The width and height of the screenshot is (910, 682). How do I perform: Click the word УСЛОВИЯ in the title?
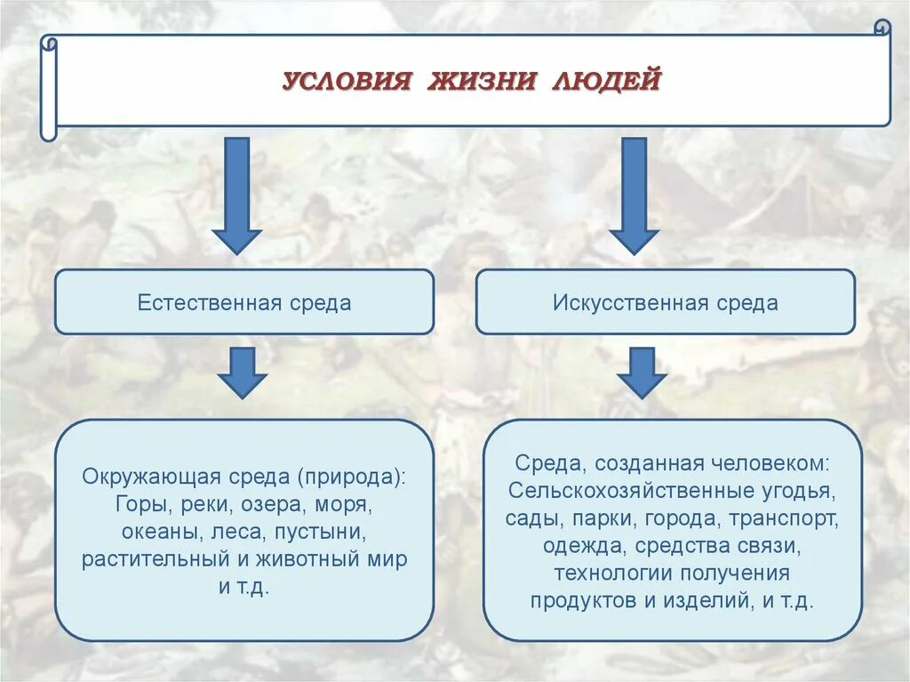pyautogui.click(x=347, y=82)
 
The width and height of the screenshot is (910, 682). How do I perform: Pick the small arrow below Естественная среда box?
pyautogui.click(x=243, y=372)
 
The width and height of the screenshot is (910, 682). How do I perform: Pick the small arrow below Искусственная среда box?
pyautogui.click(x=642, y=372)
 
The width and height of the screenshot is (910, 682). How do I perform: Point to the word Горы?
pyautogui.click(x=137, y=504)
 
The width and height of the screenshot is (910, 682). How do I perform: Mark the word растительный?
pyautogui.click(x=148, y=559)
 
